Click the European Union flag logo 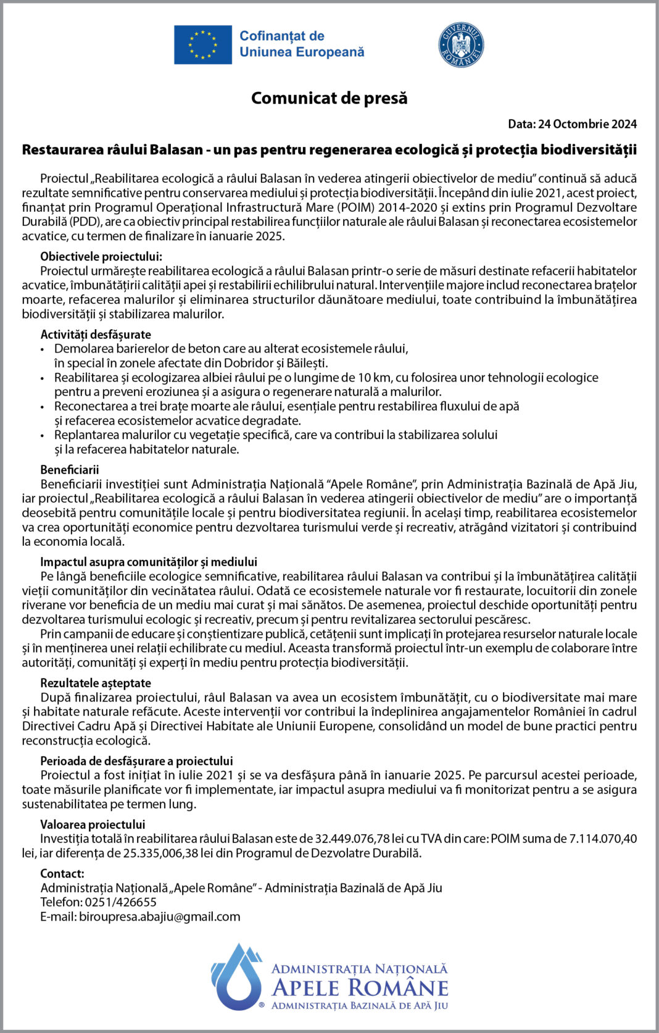(x=203, y=44)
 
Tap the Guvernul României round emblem (x=461, y=45)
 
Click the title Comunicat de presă (x=329, y=98)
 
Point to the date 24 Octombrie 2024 (x=587, y=124)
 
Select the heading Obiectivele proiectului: (x=101, y=257)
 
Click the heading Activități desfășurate (x=96, y=335)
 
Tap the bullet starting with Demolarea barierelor (x=231, y=349)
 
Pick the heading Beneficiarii (x=70, y=470)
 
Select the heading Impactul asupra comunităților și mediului (x=149, y=562)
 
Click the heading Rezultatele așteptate (x=96, y=683)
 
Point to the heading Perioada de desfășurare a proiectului (x=136, y=761)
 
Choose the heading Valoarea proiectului (x=93, y=824)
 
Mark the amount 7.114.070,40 (x=603, y=839)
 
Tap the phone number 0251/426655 (x=121, y=902)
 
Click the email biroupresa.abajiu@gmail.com (x=160, y=916)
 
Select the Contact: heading (x=62, y=874)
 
